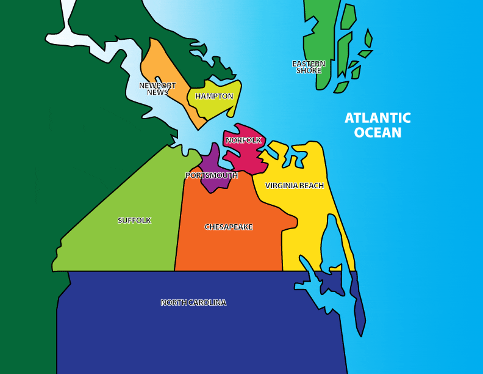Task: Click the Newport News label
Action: pyautogui.click(x=157, y=89)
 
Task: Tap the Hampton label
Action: pyautogui.click(x=214, y=96)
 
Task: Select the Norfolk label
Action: pyautogui.click(x=243, y=140)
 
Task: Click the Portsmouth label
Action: pyautogui.click(x=212, y=175)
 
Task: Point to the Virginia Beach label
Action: pyautogui.click(x=295, y=185)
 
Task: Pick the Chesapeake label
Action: pyautogui.click(x=229, y=227)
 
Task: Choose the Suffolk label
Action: pyautogui.click(x=134, y=220)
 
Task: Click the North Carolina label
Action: pyautogui.click(x=193, y=302)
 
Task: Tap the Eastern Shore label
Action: pyautogui.click(x=309, y=67)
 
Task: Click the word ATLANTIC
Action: pyautogui.click(x=377, y=118)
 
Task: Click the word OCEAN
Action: pyautogui.click(x=377, y=133)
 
